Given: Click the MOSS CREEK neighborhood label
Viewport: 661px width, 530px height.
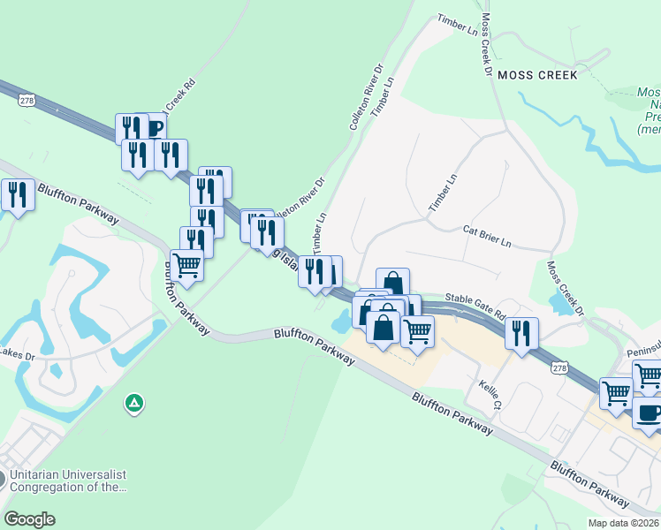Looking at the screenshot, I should (x=537, y=75).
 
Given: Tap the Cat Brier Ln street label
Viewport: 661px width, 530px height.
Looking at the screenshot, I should (x=487, y=236).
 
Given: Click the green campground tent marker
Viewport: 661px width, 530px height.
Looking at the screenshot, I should (x=133, y=404).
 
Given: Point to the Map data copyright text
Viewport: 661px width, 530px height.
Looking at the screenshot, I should (x=623, y=523).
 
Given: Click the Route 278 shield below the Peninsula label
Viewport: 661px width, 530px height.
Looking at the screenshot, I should (x=558, y=367).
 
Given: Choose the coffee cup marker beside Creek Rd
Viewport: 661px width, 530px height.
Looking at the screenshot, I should (x=155, y=128).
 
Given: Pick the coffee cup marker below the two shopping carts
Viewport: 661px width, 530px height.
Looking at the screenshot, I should (x=648, y=413).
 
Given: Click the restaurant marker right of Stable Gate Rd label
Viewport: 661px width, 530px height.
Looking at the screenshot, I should (x=521, y=333).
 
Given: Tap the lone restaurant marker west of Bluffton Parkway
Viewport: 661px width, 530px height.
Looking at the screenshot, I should (x=18, y=194).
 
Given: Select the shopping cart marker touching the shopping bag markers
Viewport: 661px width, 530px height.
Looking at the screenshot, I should (x=417, y=331).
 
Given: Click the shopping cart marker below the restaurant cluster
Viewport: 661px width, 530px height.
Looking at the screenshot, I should (x=186, y=264).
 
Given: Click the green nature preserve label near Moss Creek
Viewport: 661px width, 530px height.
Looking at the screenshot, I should (x=649, y=110).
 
